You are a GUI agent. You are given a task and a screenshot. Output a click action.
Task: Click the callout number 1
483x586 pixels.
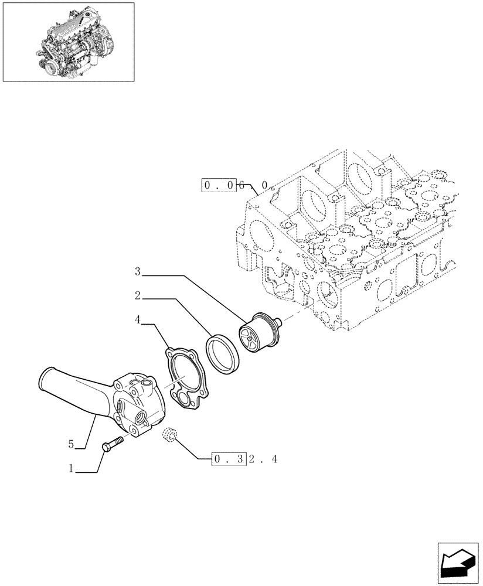[71, 469]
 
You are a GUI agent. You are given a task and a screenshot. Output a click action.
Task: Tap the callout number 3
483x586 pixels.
[137, 271]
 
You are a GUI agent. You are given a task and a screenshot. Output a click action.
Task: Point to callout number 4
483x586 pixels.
[137, 321]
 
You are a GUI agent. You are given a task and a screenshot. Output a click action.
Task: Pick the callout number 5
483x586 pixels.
[71, 445]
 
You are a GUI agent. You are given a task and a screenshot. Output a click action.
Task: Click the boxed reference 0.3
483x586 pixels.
[228, 459]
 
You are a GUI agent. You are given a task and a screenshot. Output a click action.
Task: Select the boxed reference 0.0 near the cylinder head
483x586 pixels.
[220, 186]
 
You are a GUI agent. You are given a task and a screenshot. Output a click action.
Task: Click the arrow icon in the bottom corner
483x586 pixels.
[457, 563]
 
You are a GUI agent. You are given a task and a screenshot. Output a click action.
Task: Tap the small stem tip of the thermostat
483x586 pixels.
[280, 321]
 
